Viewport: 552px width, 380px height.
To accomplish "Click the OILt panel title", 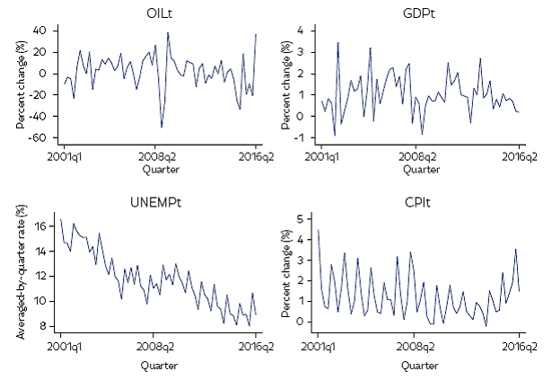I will click(160, 15).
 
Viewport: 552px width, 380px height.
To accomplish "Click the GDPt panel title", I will click(418, 15).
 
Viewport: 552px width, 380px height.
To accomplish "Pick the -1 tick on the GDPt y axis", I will click(307, 137).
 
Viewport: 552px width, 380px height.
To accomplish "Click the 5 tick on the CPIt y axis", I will click(307, 218).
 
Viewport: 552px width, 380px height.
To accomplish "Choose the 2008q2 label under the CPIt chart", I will click(418, 346).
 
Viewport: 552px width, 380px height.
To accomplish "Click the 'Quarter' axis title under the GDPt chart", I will click(418, 168).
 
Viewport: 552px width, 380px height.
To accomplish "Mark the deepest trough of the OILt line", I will click(162, 128).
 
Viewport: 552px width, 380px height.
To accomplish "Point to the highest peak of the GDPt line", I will click(337, 42).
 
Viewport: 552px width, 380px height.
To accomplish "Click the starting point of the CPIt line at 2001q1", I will click(318, 230).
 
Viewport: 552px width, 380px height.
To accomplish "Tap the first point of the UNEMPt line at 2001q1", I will click(60, 219).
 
